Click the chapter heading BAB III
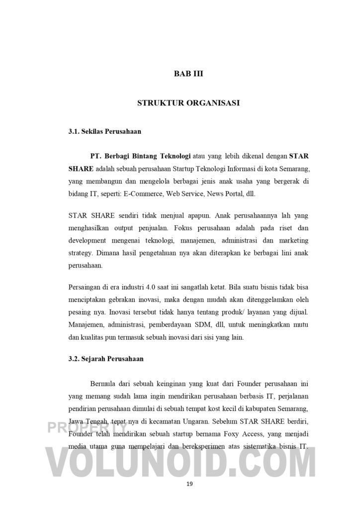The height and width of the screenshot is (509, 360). coord(189,74)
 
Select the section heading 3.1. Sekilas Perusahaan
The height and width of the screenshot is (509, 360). coord(105,132)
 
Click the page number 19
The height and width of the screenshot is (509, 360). coord(189,483)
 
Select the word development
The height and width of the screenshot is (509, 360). coord(88,241)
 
